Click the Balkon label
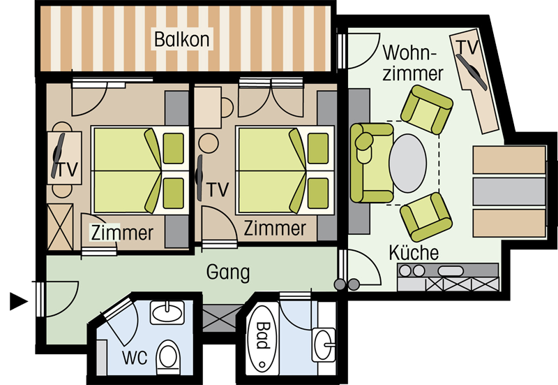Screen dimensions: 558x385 pyautogui.click(x=182, y=39)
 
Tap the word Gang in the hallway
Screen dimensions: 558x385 pyautogui.click(x=228, y=273)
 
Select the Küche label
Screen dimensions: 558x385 pyautogui.click(x=414, y=252)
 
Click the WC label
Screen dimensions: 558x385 pyautogui.click(x=135, y=358)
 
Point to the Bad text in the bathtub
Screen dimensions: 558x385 pyautogui.click(x=262, y=335)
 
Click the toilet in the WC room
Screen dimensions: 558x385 pyautogui.click(x=169, y=355)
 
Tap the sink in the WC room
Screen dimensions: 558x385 pyautogui.click(x=167, y=312)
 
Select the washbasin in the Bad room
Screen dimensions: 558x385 pyautogui.click(x=324, y=344)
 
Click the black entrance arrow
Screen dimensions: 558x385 pyautogui.click(x=19, y=302)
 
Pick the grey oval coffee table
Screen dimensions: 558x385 pyautogui.click(x=407, y=164)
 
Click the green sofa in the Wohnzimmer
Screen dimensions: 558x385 pyautogui.click(x=372, y=163)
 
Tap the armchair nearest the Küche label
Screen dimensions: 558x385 pyautogui.click(x=426, y=217)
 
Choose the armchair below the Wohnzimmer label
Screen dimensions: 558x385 pyautogui.click(x=427, y=110)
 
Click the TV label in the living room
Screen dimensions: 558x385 pyautogui.click(x=467, y=48)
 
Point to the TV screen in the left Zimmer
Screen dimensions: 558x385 pyautogui.click(x=58, y=156)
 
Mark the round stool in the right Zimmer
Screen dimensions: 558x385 pyautogui.click(x=208, y=143)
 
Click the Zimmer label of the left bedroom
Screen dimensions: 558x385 pyautogui.click(x=122, y=233)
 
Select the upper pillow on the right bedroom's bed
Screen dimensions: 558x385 pyautogui.click(x=318, y=148)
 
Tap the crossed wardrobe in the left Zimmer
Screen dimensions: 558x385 pyautogui.click(x=60, y=226)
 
